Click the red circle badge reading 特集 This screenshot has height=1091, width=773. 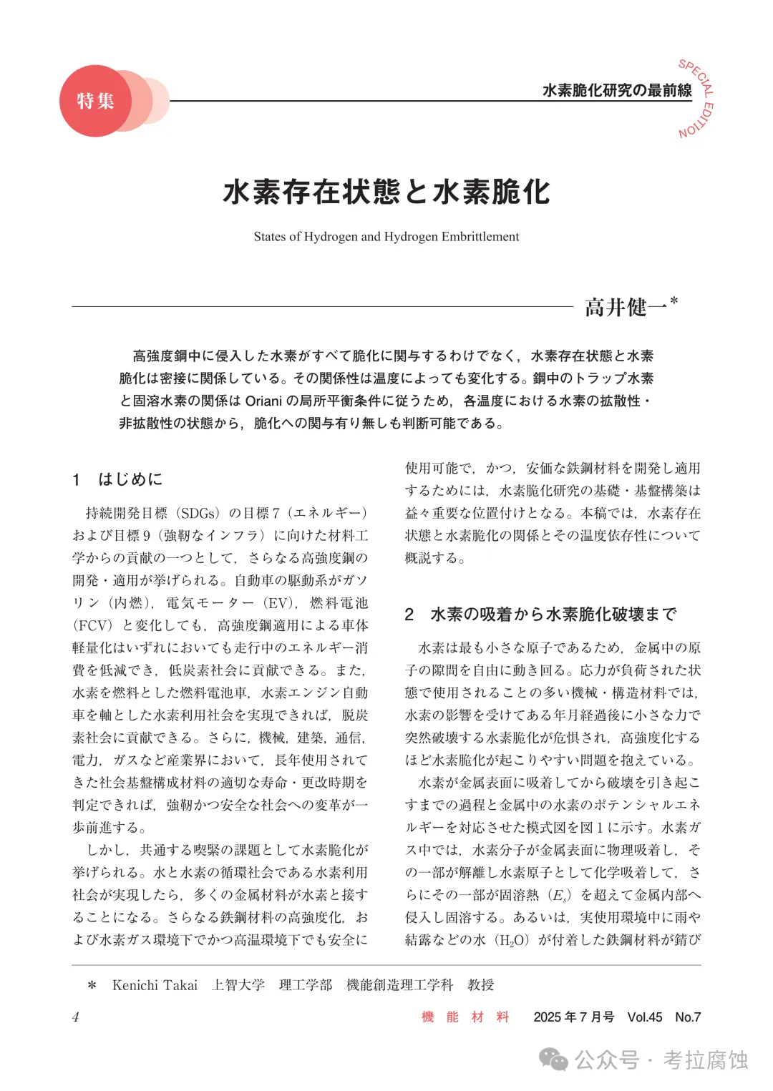click(x=95, y=101)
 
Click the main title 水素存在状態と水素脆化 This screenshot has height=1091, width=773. click(x=386, y=192)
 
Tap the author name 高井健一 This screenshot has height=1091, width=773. click(x=626, y=308)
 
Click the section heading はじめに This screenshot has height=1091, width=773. click(x=130, y=479)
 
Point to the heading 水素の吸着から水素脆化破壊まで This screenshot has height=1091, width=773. click(x=553, y=615)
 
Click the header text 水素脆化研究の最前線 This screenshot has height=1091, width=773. click(x=617, y=90)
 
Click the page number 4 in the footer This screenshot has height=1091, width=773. click(x=76, y=1017)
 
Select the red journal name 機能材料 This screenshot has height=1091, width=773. click(x=465, y=1017)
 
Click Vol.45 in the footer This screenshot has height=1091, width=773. click(x=645, y=1017)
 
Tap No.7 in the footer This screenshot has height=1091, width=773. click(x=688, y=1017)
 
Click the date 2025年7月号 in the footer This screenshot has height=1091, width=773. click(x=573, y=1017)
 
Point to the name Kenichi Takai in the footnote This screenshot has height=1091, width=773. click(x=155, y=985)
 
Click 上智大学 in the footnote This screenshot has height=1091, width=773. click(x=238, y=985)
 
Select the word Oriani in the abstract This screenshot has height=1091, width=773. click(x=264, y=401)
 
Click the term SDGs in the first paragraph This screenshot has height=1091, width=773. click(x=198, y=513)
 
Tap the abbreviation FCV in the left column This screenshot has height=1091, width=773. click(x=93, y=625)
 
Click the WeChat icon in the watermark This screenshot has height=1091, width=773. click(x=553, y=1060)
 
